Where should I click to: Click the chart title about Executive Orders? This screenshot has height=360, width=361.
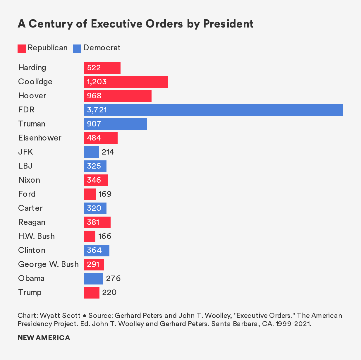coord(135,24)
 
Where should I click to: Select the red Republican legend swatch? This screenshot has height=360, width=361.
coord(22,48)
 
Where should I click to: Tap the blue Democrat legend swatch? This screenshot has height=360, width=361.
coord(77,48)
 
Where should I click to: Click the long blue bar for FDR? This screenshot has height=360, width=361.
coord(213,110)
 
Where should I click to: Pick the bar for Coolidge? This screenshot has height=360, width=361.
coord(126,82)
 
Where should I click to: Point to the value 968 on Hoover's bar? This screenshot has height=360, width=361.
coord(94,96)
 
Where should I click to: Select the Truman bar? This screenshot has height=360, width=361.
coord(115,124)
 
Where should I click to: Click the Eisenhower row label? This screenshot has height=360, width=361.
coord(40,138)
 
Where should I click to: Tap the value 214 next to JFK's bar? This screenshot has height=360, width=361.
coord(108,152)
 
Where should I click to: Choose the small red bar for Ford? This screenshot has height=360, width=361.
coord(90,194)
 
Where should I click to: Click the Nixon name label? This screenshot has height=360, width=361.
coord(29,180)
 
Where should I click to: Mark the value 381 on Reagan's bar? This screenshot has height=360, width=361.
coord(93,222)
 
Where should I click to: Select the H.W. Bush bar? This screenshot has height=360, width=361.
coord(90,236)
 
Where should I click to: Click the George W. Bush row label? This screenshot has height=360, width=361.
coord(48,264)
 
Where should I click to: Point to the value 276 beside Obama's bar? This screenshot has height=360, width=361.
coord(113,278)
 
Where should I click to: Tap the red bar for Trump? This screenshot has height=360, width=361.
coord(92,293)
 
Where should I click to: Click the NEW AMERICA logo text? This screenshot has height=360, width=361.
coord(44,338)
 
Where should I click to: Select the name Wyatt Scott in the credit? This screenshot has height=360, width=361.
coord(60,316)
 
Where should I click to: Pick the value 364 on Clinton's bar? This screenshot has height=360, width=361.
coord(94,251)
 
